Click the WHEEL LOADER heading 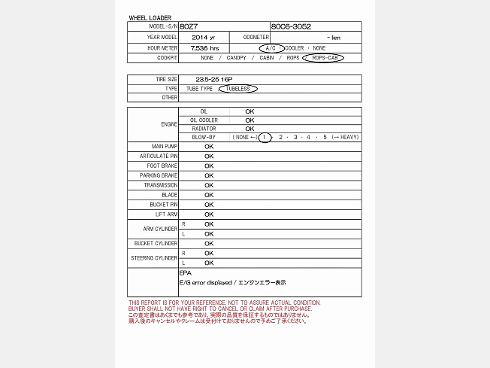[150, 17]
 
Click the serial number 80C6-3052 [291, 26]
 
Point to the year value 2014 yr [203, 37]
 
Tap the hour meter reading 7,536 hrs [204, 47]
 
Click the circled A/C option [271, 47]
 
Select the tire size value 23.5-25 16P [213, 78]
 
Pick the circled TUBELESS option [237, 88]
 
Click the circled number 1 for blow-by [265, 137]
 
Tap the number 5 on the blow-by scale [325, 137]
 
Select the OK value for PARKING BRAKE [209, 175]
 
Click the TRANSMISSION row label [161, 185]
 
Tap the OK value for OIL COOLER [250, 120]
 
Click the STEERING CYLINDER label [154, 258]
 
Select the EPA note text [186, 272]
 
